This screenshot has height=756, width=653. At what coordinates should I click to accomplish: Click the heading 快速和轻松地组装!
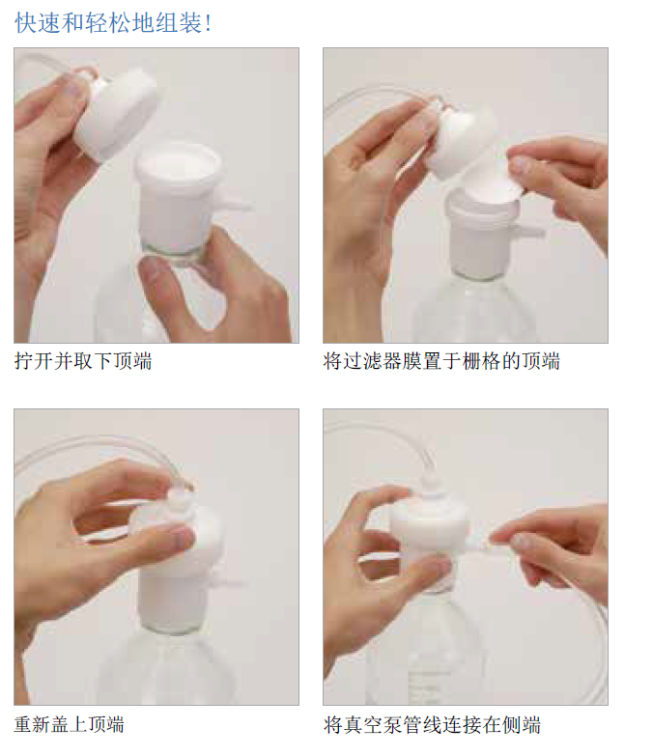coord(113,23)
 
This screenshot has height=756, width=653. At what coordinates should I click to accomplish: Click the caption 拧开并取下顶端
coord(83,362)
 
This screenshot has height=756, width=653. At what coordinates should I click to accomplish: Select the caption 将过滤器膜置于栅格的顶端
coord(441,362)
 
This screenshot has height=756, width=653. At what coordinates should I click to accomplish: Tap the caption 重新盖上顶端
coord(70,724)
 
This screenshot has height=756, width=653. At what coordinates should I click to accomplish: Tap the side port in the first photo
coord(234,204)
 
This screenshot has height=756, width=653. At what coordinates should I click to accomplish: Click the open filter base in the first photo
coord(179,193)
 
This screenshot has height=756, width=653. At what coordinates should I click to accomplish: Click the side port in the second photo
coord(530,231)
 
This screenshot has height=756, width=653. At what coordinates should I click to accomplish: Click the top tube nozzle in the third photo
coord(177,497)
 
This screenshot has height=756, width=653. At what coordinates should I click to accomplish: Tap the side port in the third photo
coord(231,583)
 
